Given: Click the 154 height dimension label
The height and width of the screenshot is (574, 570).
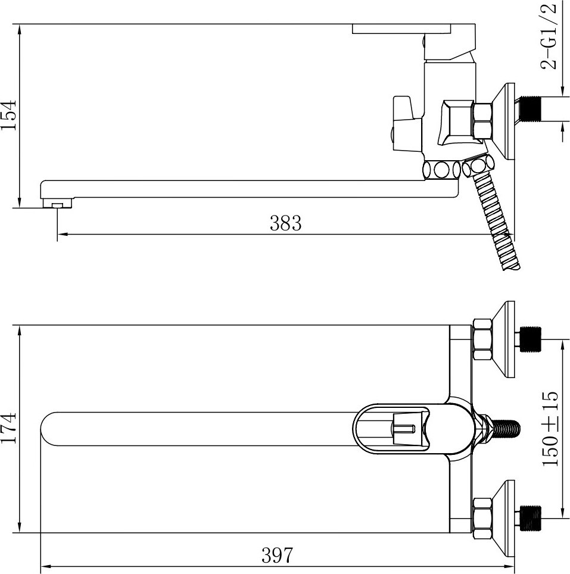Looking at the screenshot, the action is click(8, 114).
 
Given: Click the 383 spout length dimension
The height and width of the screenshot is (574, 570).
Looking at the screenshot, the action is click(286, 223).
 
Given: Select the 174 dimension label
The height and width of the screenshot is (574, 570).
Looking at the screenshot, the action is click(8, 428).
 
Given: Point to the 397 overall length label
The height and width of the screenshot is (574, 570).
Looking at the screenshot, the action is click(278, 556).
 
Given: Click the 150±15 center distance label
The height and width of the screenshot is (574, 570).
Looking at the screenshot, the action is click(550, 429).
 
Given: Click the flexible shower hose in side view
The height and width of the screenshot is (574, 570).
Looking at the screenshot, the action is click(493, 216).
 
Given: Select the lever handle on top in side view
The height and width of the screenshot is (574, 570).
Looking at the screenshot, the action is click(414, 29).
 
